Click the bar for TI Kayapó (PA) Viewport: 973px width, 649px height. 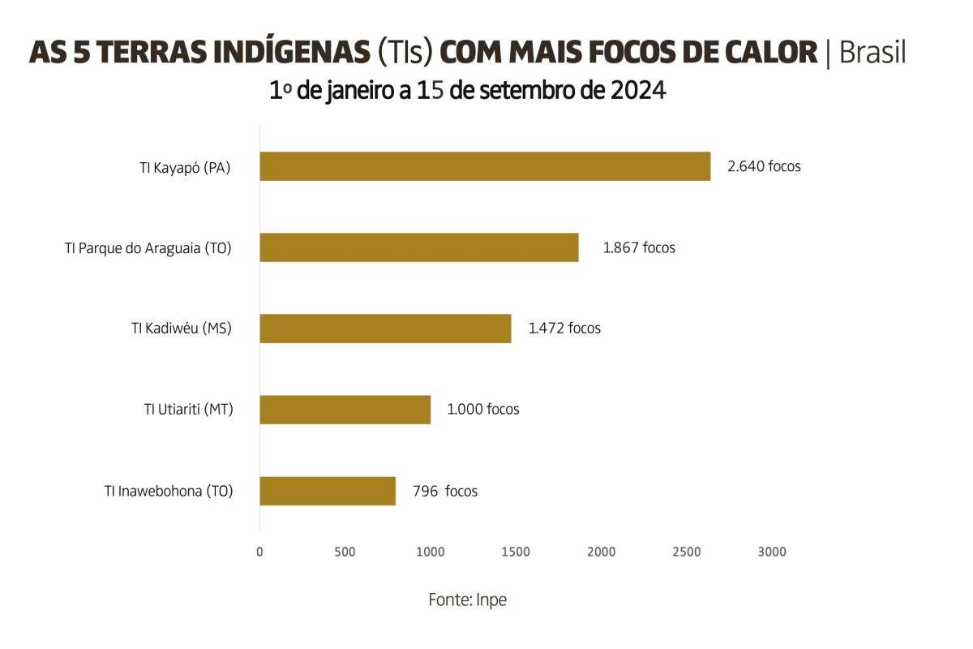(x=485, y=166)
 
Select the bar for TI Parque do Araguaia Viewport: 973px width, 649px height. (x=419, y=247)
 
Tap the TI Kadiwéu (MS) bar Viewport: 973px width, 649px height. (x=385, y=329)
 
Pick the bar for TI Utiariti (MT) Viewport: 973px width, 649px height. (x=345, y=410)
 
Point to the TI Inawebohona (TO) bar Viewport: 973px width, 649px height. (x=328, y=491)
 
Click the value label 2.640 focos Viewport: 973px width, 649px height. (x=764, y=166)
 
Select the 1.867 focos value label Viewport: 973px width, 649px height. (x=639, y=247)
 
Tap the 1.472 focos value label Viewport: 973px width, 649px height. (x=564, y=329)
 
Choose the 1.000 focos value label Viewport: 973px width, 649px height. (x=483, y=410)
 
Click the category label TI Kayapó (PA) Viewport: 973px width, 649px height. (x=185, y=168)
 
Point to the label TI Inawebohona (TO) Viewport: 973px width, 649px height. (x=169, y=491)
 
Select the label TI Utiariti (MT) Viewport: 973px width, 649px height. (x=189, y=410)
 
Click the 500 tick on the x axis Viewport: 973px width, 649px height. (x=345, y=552)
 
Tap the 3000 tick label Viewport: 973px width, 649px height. (x=772, y=552)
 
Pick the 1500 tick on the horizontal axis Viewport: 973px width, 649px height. (x=516, y=552)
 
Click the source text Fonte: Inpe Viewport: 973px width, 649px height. (x=467, y=600)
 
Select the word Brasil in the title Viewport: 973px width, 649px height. (x=872, y=53)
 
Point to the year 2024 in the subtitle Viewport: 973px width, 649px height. (x=638, y=90)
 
